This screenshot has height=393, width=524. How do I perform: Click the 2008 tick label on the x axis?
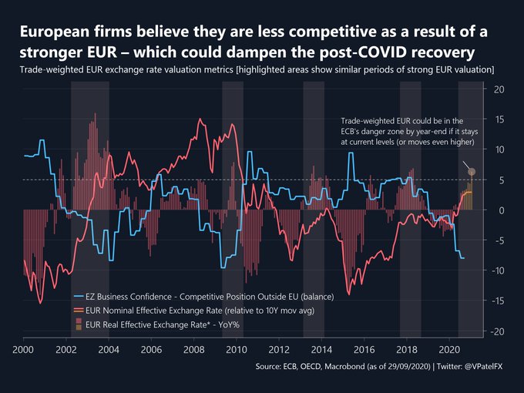pos(193,349)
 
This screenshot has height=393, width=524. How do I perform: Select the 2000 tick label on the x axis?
pos(24,349)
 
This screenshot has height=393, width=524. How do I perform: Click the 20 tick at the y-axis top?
pos(498,89)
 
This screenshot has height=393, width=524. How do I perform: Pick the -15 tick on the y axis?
pos(497,301)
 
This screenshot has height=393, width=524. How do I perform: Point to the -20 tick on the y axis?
pos(497,331)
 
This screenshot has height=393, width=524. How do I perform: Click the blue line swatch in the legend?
pos(78,295)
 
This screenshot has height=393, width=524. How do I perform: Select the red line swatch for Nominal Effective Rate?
pos(78,309)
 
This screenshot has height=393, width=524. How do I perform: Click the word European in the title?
pos(54,32)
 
